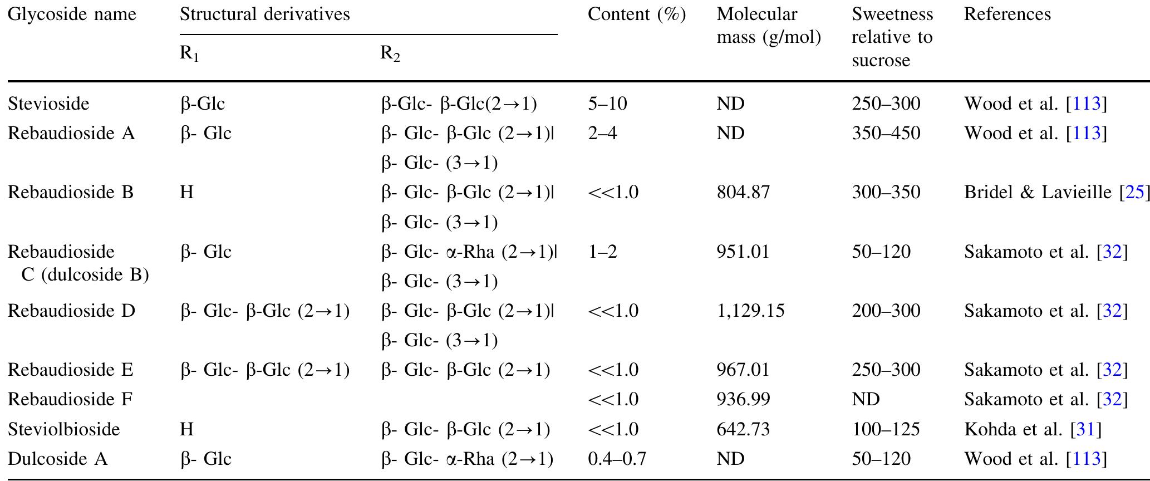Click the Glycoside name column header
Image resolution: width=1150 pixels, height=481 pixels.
pyautogui.click(x=72, y=14)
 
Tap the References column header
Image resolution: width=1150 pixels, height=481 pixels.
pyautogui.click(x=1007, y=14)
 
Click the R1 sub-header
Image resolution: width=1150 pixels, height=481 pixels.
pyautogui.click(x=189, y=54)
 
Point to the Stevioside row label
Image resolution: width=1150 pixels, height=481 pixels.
pyautogui.click(x=48, y=104)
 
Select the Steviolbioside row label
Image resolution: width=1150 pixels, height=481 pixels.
pyautogui.click(x=63, y=429)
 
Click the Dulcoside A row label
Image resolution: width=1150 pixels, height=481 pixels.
pyautogui.click(x=57, y=459)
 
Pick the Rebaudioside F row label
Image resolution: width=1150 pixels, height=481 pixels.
pyautogui.click(x=70, y=400)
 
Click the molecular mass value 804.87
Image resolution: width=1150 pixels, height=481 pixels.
pyautogui.click(x=743, y=193)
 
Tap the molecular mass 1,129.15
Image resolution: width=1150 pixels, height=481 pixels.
pyautogui.click(x=750, y=311)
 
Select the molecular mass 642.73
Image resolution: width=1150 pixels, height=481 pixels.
pyautogui.click(x=743, y=429)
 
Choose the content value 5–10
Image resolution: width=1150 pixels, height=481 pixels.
pyautogui.click(x=607, y=104)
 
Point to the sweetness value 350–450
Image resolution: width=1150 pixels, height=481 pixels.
pyautogui.click(x=886, y=134)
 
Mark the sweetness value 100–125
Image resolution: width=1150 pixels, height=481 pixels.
pyautogui.click(x=886, y=429)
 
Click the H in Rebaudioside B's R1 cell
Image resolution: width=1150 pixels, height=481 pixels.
pyautogui.click(x=187, y=193)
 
